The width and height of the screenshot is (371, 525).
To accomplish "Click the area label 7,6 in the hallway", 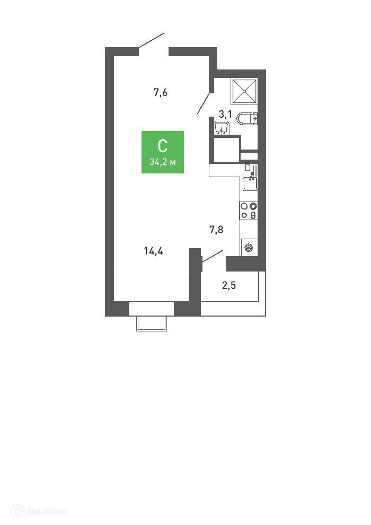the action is (x=160, y=92).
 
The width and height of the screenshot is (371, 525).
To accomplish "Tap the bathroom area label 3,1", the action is (x=225, y=114).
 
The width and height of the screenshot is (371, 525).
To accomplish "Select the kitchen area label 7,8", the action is (x=216, y=230).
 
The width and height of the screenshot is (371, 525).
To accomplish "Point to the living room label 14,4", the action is (x=153, y=251).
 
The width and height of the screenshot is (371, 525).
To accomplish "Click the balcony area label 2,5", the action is (x=229, y=285).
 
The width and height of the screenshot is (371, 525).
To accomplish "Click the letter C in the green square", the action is (x=163, y=146).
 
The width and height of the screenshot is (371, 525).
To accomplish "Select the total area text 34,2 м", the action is (x=163, y=162).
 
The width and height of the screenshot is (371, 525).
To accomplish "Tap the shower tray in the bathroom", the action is (x=244, y=91).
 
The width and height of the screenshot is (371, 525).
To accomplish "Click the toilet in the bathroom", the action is (x=247, y=119).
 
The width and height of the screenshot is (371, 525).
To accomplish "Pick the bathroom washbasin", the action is (x=222, y=128).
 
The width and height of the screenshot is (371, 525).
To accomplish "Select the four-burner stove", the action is (x=249, y=211).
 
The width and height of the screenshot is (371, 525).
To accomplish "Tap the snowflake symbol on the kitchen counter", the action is (x=249, y=248).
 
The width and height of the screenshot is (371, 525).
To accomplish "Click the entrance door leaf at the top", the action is (x=152, y=40).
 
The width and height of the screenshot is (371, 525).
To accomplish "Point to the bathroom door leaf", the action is (x=204, y=103).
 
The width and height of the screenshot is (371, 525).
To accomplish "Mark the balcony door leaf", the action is (x=213, y=255).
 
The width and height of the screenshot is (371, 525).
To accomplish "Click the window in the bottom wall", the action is (x=152, y=309).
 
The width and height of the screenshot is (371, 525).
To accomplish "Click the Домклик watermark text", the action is (x=47, y=511).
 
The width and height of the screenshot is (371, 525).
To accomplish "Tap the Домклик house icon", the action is (x=17, y=511).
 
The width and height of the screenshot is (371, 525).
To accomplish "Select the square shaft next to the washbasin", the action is (x=226, y=149).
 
